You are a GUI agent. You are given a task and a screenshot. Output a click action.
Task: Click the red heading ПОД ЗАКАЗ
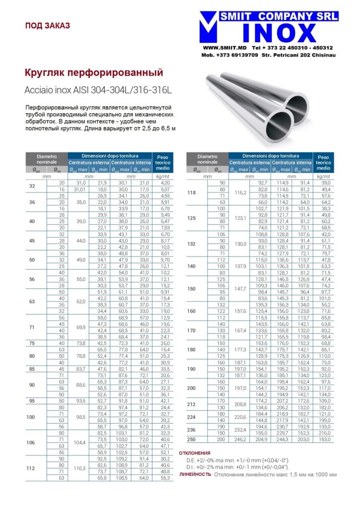tap(47, 25)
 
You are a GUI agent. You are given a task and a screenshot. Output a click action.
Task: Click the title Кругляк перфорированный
tap(94, 73)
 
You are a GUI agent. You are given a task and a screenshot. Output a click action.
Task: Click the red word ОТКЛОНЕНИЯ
tap(195, 453)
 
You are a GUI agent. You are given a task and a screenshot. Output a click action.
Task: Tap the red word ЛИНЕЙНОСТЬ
tap(195, 474)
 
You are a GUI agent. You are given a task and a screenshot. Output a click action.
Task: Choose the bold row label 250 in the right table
tap(191, 440)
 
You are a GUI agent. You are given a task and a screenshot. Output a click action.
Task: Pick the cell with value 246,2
tap(240, 440)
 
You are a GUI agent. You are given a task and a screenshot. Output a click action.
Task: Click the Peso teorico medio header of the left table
tap(163, 163)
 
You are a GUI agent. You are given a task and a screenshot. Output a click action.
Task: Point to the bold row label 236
tap(191, 430)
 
